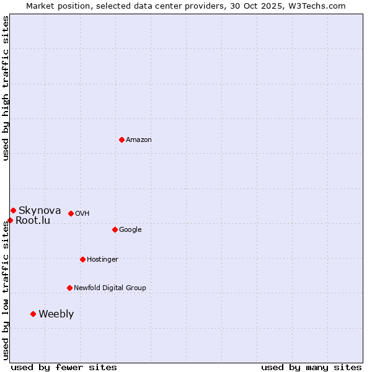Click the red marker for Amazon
pyautogui.click(x=122, y=139)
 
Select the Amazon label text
pyautogui.click(x=139, y=140)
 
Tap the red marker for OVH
pyautogui.click(x=71, y=213)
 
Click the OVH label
pyautogui.click(x=82, y=214)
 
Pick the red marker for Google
pyautogui.click(x=115, y=229)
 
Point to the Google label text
pyautogui.click(x=130, y=230)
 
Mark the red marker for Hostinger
pyautogui.click(x=82, y=259)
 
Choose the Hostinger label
pyautogui.click(x=102, y=260)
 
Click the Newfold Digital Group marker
pyautogui.click(x=69, y=288)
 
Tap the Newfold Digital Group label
pyautogui.click(x=110, y=288)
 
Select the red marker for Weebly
pyautogui.click(x=33, y=314)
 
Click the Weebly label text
pyautogui.click(x=56, y=314)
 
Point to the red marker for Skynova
pyautogui.click(x=13, y=210)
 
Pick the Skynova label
pyautogui.click(x=40, y=211)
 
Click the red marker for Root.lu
pyautogui.click(x=10, y=220)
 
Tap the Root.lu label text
pyautogui.click(x=33, y=221)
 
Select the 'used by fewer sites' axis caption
pyautogui.click(x=64, y=367)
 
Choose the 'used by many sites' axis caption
pyautogui.click(x=311, y=367)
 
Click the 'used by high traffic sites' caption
pyautogui.click(x=6, y=88)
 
